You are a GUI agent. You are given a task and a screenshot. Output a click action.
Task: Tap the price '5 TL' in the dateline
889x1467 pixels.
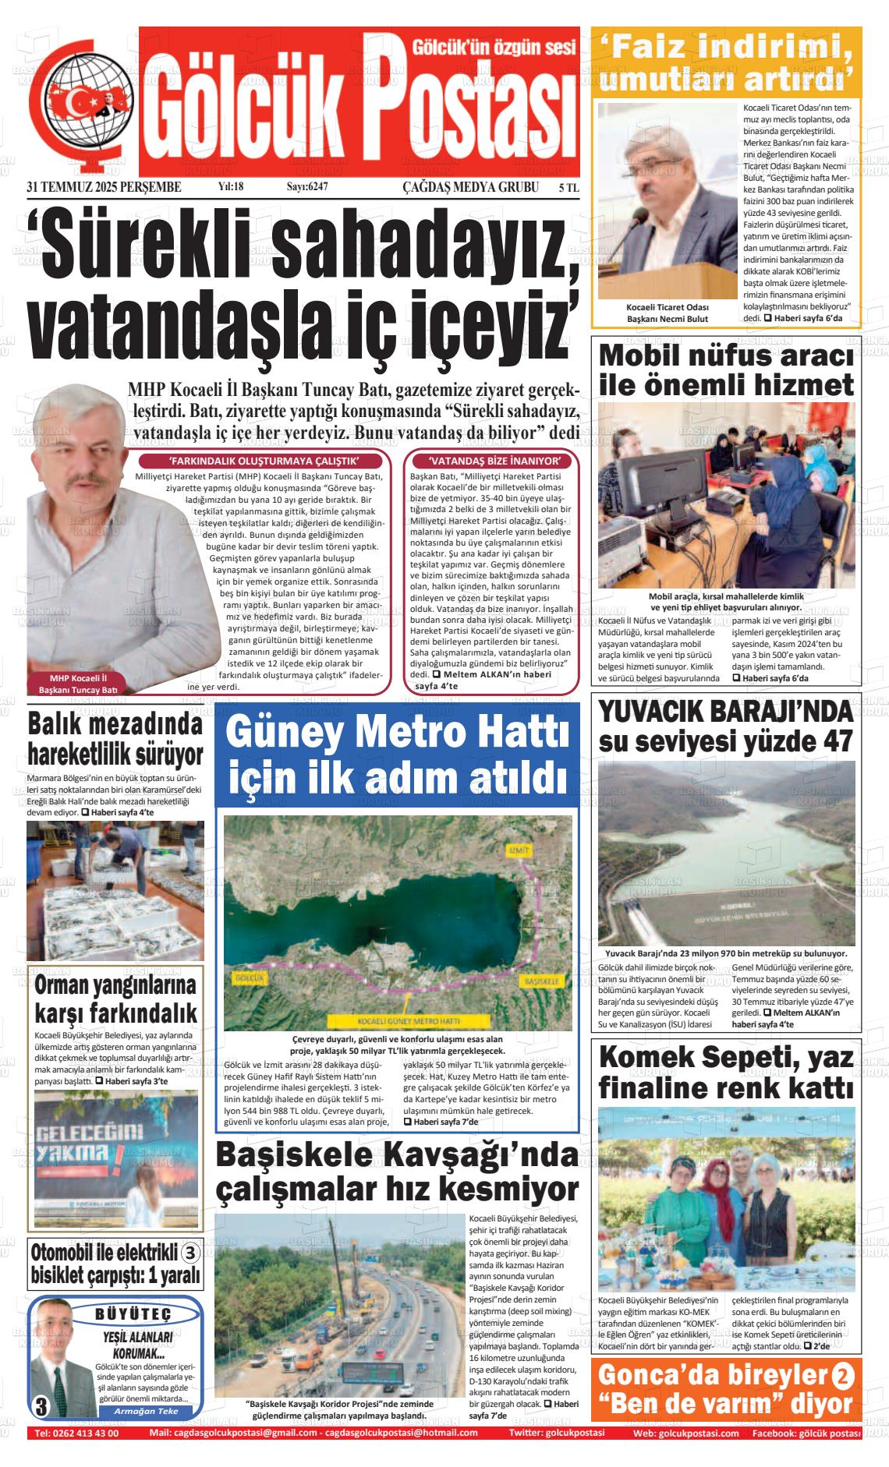pyautogui.click(x=568, y=187)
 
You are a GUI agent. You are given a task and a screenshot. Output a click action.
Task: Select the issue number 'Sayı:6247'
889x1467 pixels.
pyautogui.click(x=307, y=187)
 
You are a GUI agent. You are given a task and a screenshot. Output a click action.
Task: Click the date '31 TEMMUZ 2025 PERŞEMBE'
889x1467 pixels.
pyautogui.click(x=104, y=187)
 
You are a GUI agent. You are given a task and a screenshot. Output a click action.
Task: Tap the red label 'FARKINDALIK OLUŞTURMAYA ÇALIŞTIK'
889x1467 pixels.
pyautogui.click(x=264, y=461)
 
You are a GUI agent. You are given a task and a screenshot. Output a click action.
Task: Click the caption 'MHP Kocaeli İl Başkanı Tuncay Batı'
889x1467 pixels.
pyautogui.click(x=77, y=684)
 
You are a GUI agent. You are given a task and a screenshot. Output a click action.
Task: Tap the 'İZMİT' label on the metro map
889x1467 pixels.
pyautogui.click(x=518, y=849)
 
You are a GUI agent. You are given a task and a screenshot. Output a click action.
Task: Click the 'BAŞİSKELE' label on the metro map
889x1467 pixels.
pyautogui.click(x=541, y=981)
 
